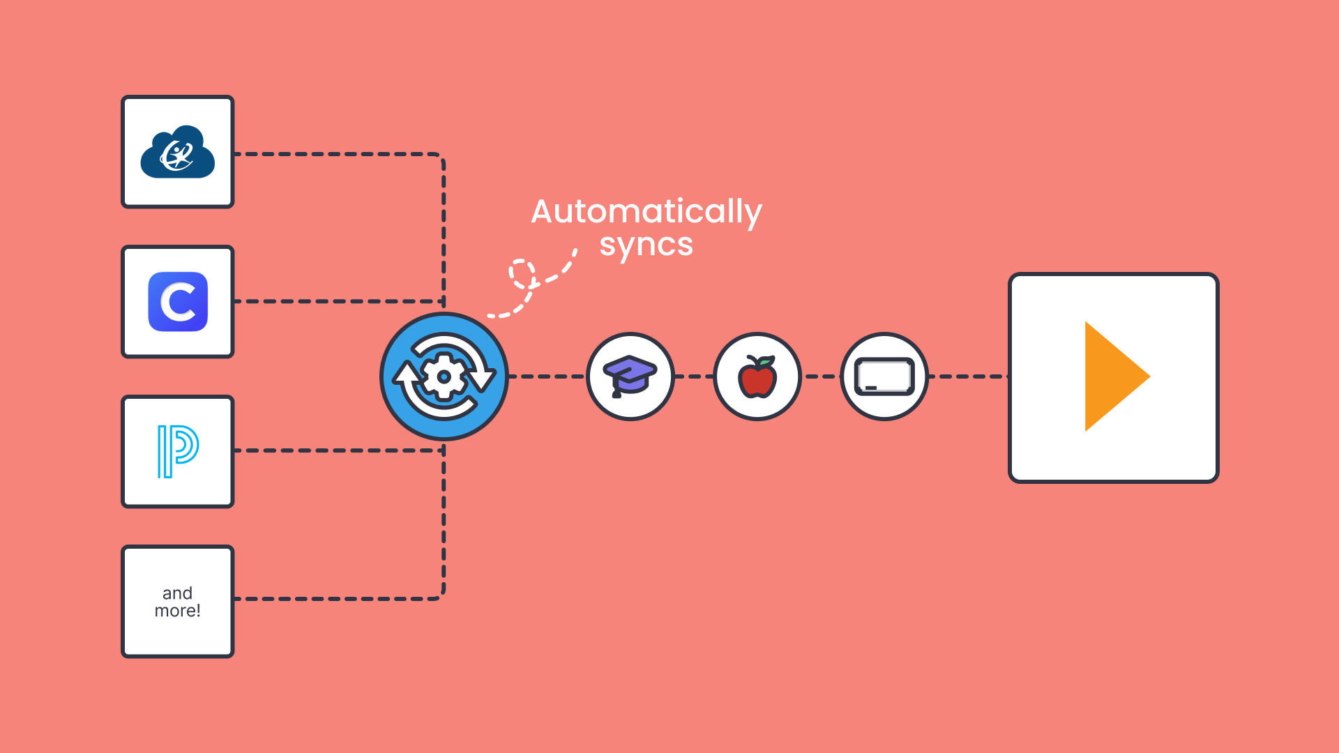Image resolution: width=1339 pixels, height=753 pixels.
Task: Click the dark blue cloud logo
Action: point(177,153)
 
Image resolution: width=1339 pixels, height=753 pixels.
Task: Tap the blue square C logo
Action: point(178,302)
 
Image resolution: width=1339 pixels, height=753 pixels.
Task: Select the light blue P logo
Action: point(178,451)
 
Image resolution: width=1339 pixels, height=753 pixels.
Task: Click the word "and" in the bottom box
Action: point(177,593)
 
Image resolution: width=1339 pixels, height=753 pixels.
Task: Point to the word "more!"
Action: point(177,611)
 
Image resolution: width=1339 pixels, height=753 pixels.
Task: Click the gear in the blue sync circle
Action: point(444,376)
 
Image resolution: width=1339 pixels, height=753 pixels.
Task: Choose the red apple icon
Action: point(757,378)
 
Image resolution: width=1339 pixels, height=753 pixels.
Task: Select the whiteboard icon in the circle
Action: point(884,376)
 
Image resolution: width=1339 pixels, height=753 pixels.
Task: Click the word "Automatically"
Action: point(646,211)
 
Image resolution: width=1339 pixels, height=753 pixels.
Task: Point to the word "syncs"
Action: point(646,245)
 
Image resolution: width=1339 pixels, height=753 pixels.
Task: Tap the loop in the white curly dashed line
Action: point(522,273)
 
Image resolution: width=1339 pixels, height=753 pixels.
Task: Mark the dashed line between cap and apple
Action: point(694,376)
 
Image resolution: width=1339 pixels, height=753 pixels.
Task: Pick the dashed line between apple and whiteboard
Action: point(821,376)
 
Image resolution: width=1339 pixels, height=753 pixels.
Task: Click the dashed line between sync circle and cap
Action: point(547,376)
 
